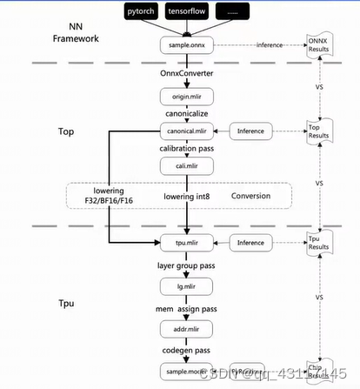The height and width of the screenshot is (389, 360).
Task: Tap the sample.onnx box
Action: [184, 44]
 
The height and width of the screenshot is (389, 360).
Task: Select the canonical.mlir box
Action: [184, 131]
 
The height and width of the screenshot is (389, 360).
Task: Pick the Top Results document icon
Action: [320, 131]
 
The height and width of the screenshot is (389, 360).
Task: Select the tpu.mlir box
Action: [184, 243]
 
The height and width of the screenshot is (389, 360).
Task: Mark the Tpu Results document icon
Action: [320, 243]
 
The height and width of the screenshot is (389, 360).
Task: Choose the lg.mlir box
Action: [184, 285]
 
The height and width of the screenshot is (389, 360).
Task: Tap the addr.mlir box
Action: [184, 329]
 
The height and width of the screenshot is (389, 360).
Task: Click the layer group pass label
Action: [184, 264]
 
